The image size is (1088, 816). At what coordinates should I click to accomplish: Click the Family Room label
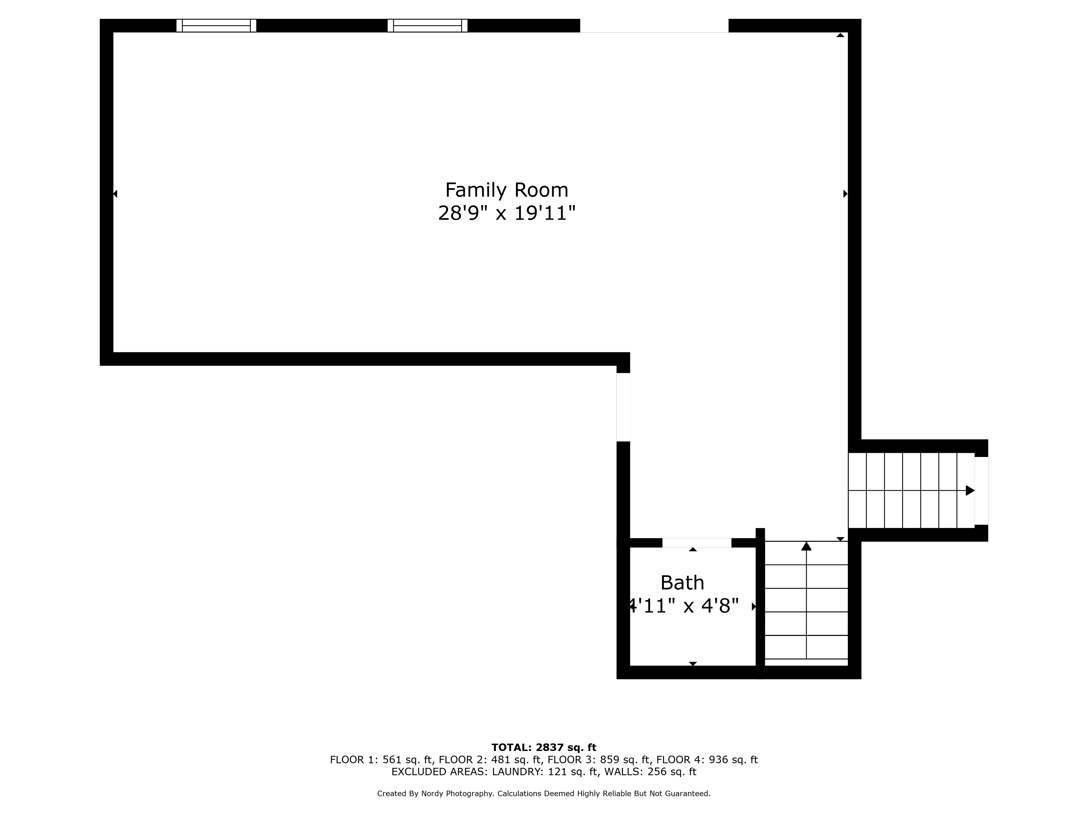coord(507,190)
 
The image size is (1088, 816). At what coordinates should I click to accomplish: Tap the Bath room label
coord(682,583)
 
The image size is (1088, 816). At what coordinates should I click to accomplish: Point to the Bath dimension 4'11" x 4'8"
coord(684,606)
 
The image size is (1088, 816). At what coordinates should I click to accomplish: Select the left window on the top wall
coord(217,26)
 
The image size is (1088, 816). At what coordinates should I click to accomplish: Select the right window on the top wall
coord(427,26)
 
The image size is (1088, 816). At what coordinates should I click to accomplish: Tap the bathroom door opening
coord(697,543)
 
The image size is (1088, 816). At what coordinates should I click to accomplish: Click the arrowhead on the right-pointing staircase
coord(970,490)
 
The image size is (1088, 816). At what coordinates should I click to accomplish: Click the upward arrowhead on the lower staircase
coord(806,546)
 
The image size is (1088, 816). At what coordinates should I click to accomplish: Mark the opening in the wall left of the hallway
coord(623,407)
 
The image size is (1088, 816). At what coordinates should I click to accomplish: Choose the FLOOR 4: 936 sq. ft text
coord(707,760)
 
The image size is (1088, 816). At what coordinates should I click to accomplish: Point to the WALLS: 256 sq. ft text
coord(650,772)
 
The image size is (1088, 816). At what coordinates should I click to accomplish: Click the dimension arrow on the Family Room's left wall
coord(115,194)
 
